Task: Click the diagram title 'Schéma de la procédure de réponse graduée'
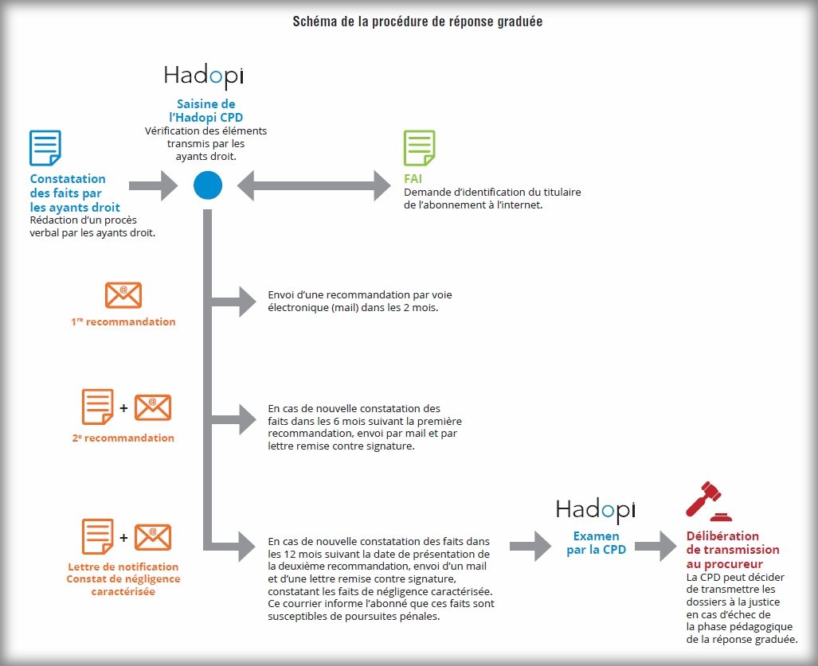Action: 418,21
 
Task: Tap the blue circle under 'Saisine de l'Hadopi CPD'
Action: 208,186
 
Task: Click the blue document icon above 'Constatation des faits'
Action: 45,148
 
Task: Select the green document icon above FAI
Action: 420,148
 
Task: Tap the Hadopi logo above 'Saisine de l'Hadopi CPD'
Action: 204,76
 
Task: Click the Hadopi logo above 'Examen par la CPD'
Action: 596,508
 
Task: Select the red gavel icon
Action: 708,500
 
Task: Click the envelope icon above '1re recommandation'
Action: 123,295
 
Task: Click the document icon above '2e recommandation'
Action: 98,407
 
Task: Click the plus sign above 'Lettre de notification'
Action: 123,538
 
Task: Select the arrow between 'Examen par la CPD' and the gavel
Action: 655,547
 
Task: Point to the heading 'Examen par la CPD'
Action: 596,543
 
